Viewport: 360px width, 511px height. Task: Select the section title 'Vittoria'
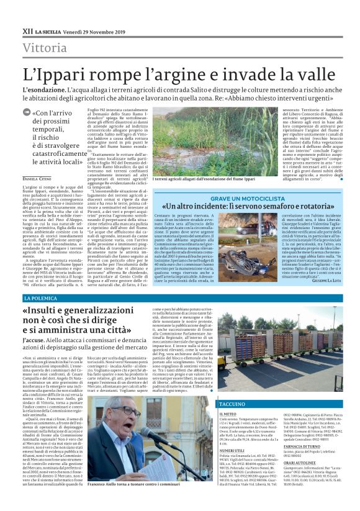coord(45,48)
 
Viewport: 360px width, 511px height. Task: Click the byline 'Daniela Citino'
coord(37,179)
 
